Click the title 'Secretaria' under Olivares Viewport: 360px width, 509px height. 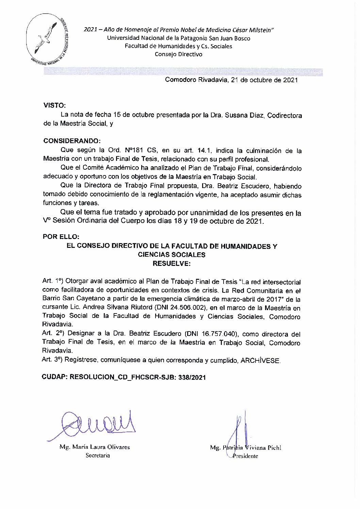click(x=98, y=455)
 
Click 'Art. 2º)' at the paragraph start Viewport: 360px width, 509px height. click(x=52, y=334)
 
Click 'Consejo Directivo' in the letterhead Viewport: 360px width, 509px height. click(x=178, y=54)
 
